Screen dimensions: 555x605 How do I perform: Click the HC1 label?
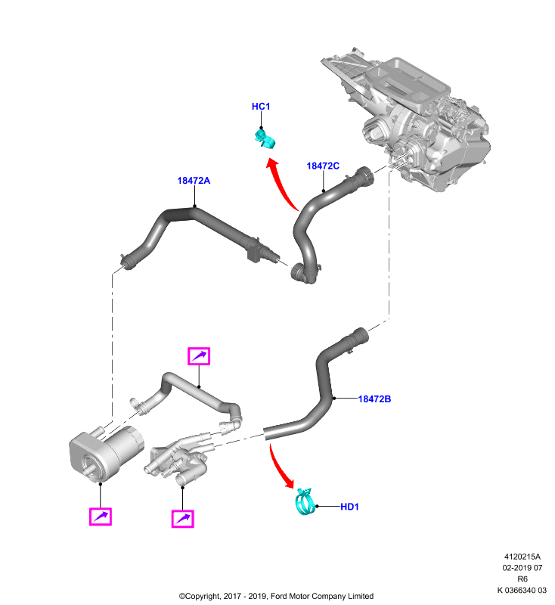point(261,107)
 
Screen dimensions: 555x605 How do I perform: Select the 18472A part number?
point(194,181)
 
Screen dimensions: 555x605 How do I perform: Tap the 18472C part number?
point(323,166)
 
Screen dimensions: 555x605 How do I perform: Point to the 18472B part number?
point(374,399)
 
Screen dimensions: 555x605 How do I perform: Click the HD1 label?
point(349,507)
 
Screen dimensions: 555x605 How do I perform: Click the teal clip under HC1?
point(265,139)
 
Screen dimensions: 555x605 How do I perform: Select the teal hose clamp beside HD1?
point(305,501)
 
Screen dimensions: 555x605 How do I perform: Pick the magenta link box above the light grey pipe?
point(199,356)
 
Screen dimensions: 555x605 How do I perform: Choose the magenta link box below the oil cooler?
point(101,517)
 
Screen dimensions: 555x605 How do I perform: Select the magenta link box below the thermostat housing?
point(182,519)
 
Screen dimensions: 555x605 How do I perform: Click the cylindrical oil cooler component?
point(105,452)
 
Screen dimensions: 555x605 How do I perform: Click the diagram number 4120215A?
point(522,557)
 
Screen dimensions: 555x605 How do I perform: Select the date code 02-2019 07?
point(522,568)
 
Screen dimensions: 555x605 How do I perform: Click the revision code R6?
point(522,579)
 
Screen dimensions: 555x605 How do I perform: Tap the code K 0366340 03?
point(522,591)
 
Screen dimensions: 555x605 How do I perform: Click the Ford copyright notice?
point(276,596)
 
